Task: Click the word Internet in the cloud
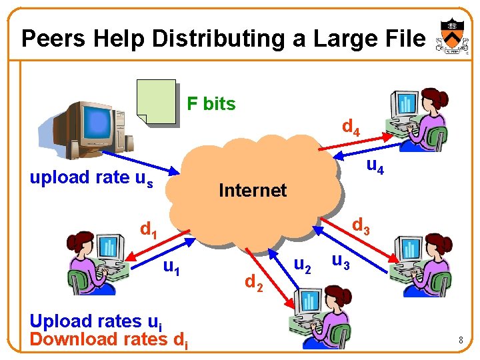(253, 191)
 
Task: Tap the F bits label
(211, 104)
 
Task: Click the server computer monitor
(97, 124)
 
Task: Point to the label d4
(351, 127)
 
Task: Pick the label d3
(361, 227)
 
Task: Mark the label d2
(253, 283)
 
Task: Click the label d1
(149, 230)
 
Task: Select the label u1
(172, 268)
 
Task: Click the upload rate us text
(91, 178)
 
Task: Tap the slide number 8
(460, 341)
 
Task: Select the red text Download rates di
(109, 339)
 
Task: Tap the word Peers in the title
(53, 39)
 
